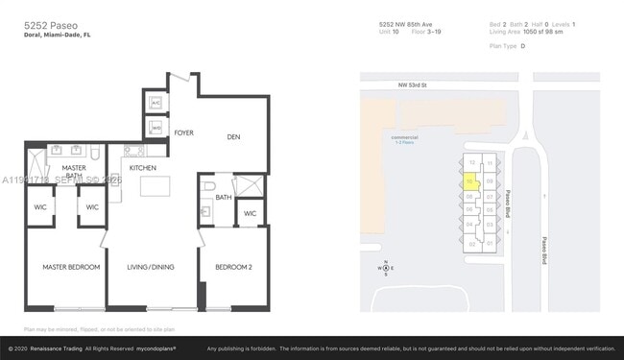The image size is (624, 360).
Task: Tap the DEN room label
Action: pos(233,137)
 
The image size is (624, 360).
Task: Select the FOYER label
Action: pos(183,133)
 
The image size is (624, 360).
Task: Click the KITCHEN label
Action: pos(143,167)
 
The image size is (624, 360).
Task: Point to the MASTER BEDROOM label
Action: pos(70,267)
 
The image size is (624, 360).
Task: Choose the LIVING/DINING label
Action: pos(151,267)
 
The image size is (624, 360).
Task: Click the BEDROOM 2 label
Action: pos(233,267)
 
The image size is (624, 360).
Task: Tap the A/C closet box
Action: pos(156,104)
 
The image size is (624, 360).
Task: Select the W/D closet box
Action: pos(156,126)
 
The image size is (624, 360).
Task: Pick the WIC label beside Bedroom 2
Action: pos(249,213)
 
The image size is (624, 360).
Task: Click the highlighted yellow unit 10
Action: pos(469,180)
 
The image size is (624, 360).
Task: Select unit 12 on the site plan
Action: pos(472,163)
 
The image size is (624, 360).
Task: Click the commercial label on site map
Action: pos(405,136)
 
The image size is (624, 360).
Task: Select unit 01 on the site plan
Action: pos(489,243)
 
